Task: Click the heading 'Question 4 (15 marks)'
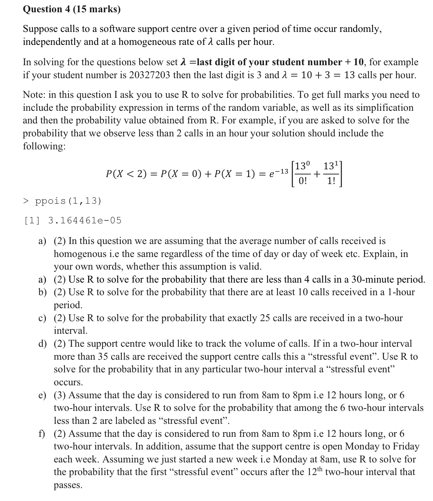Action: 71,9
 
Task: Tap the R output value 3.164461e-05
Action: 84,221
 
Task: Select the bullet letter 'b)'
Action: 42,292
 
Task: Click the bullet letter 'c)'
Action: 42,318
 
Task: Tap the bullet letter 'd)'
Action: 42,344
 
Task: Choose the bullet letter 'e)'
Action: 42,395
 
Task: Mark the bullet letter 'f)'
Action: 42,434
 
